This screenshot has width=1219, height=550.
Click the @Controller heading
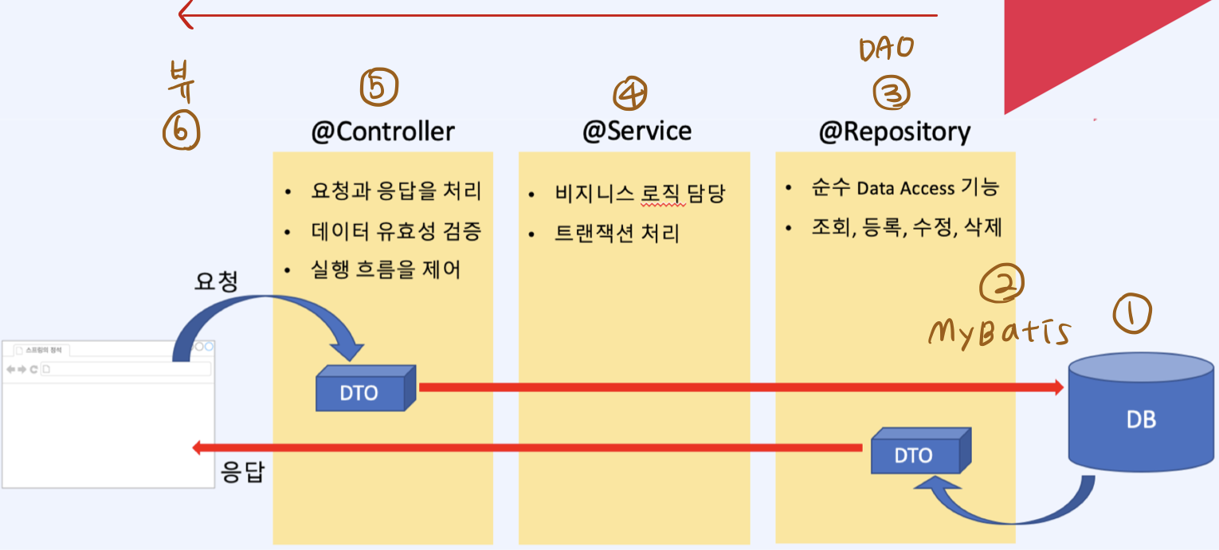(382, 132)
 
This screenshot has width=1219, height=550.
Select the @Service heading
(637, 132)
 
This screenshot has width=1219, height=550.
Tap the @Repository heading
(894, 132)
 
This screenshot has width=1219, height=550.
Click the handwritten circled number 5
(378, 88)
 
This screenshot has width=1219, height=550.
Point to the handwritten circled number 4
(629, 94)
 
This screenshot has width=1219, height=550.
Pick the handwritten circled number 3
(892, 94)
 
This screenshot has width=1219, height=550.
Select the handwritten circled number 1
(1132, 314)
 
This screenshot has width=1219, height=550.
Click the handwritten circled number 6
(181, 130)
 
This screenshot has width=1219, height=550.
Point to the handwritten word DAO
(885, 50)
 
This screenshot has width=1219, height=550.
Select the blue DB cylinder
(1141, 414)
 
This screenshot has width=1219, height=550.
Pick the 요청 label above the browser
(216, 281)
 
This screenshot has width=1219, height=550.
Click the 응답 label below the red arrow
(242, 473)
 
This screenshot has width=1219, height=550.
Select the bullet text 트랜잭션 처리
(617, 234)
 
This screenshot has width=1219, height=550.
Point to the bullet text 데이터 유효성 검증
(396, 231)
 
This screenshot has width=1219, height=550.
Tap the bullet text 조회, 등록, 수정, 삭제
(906, 229)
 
